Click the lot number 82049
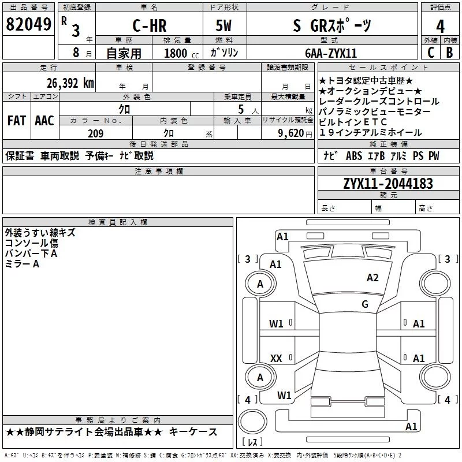(x=28, y=24)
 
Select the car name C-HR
(x=150, y=25)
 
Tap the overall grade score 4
(x=440, y=27)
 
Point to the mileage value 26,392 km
(x=70, y=83)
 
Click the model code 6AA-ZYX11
(x=331, y=53)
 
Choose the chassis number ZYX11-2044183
(x=388, y=184)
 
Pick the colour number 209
(x=95, y=133)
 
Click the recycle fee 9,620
(x=291, y=133)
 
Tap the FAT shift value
(x=17, y=121)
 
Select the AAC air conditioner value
(x=44, y=121)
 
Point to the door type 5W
(x=223, y=25)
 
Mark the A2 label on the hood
(x=372, y=278)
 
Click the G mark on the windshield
(x=365, y=304)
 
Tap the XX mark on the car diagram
(x=276, y=358)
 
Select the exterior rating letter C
(x=431, y=53)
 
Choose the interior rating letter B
(x=449, y=53)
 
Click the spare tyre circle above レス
(x=252, y=422)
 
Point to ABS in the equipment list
(x=354, y=155)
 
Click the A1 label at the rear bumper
(x=411, y=426)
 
